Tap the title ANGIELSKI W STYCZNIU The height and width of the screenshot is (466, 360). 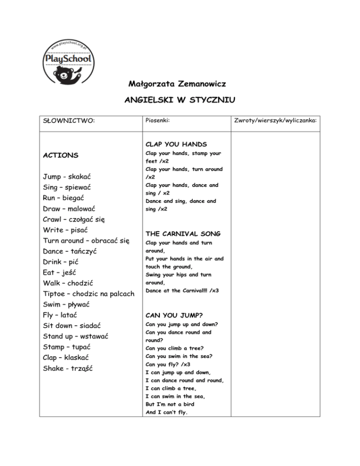(180, 100)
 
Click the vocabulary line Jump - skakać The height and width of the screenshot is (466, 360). (67, 177)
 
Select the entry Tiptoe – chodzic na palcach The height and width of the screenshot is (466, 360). (89, 293)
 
